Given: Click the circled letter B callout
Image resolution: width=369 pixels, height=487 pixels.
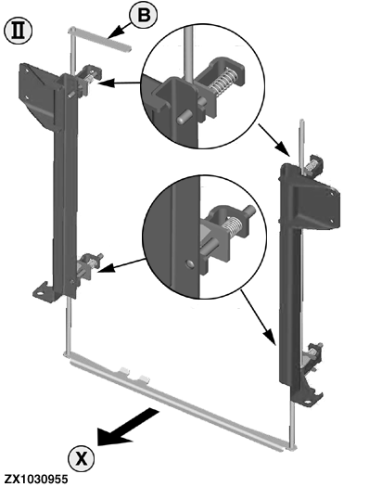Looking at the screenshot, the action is tap(144, 15).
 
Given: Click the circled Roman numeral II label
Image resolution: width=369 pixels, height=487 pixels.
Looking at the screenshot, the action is tap(19, 31).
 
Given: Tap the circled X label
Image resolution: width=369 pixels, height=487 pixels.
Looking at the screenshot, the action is tap(82, 458).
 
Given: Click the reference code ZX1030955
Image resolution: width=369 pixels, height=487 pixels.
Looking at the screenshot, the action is tap(36, 479).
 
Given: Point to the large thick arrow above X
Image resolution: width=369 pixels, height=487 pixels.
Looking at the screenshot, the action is tap(127, 428).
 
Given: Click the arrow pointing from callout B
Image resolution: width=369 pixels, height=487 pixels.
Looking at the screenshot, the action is tap(120, 32).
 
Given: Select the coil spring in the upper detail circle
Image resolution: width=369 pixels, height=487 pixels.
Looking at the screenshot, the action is tap(223, 81).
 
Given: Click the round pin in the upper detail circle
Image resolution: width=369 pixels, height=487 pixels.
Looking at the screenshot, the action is tap(182, 119).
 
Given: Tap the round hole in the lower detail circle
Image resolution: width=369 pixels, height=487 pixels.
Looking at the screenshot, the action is tap(190, 264).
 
